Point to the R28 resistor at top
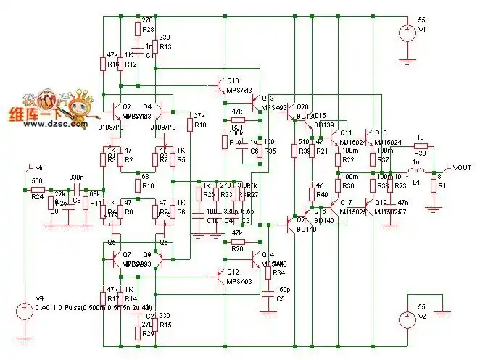pos(138,29)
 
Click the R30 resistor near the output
pos(420,147)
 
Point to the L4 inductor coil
pos(414,171)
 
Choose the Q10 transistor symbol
pos(220,88)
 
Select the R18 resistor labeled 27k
pos(191,125)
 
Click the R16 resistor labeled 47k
pos(103,64)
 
